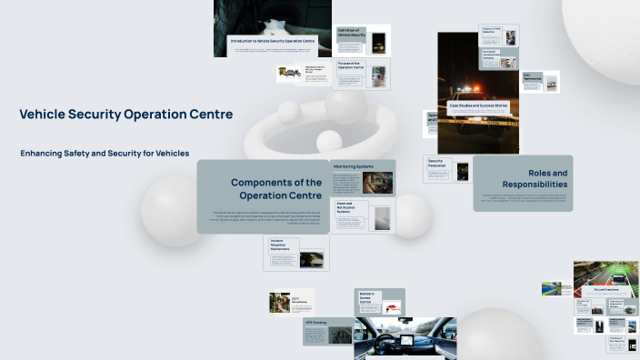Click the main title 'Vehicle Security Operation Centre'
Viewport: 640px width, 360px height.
click(x=125, y=115)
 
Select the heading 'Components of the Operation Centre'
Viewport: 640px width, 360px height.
click(x=275, y=189)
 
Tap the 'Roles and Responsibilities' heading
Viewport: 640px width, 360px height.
click(x=547, y=178)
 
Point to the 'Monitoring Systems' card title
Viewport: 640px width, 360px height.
click(x=353, y=167)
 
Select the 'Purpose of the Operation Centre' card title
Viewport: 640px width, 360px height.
click(x=351, y=66)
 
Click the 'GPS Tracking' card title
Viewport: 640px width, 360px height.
click(x=315, y=322)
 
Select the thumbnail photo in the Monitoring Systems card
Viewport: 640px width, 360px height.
click(x=377, y=184)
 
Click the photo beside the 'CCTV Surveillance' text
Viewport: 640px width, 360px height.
click(x=280, y=303)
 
